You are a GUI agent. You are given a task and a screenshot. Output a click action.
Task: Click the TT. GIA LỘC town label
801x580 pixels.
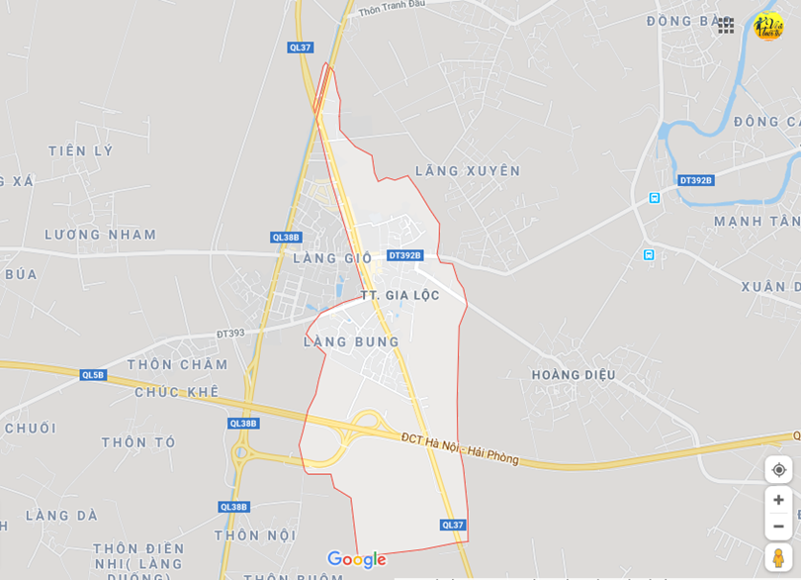click(x=400, y=296)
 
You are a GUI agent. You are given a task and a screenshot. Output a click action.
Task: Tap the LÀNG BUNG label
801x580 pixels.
click(x=351, y=342)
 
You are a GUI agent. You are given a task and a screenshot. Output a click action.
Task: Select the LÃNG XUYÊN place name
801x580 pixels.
click(x=468, y=171)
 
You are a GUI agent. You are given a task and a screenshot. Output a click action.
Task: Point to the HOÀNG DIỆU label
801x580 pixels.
click(x=574, y=375)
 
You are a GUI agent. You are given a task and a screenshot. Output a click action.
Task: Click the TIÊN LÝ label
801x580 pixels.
click(x=81, y=151)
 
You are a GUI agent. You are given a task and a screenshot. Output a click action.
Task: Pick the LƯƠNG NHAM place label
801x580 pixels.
click(x=101, y=235)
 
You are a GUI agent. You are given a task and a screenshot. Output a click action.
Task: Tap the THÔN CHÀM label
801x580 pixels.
click(x=178, y=364)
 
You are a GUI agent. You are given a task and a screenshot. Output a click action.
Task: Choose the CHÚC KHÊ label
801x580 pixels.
click(x=177, y=392)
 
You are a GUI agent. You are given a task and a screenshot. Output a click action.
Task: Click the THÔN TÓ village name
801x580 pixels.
click(x=138, y=442)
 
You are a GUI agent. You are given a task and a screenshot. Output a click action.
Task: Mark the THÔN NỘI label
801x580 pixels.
click(x=255, y=535)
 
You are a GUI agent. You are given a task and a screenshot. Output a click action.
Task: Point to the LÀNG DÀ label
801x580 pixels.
click(x=61, y=516)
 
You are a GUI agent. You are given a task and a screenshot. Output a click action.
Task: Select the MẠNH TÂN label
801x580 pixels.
click(x=756, y=222)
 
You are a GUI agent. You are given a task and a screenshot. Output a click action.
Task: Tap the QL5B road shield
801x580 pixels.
click(x=93, y=375)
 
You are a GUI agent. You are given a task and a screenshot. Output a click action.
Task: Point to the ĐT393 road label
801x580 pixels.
click(x=230, y=334)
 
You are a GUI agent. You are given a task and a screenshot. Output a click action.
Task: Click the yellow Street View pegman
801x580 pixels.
click(x=778, y=557)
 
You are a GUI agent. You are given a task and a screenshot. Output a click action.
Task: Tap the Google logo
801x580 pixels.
click(x=356, y=560)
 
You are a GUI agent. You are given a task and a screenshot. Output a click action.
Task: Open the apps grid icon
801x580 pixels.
click(x=726, y=26)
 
